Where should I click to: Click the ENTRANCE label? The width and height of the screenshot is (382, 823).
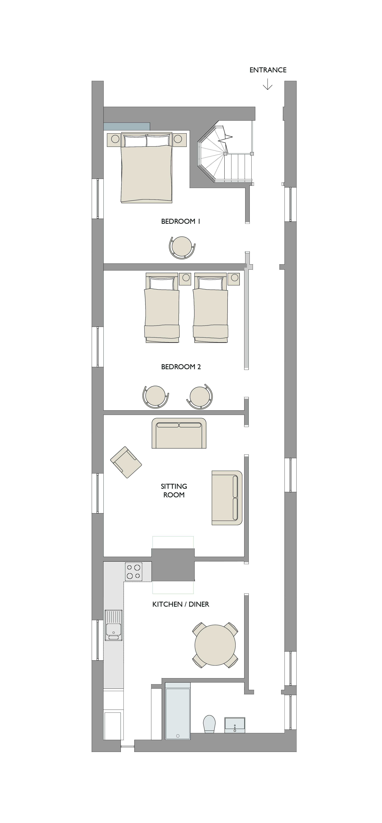(268, 70)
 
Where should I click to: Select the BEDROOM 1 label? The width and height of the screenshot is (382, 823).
(181, 221)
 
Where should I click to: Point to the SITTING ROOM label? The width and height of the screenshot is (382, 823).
(174, 490)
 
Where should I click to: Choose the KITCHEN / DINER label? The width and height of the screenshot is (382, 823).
(181, 604)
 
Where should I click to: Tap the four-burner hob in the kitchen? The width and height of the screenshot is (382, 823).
(134, 572)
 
